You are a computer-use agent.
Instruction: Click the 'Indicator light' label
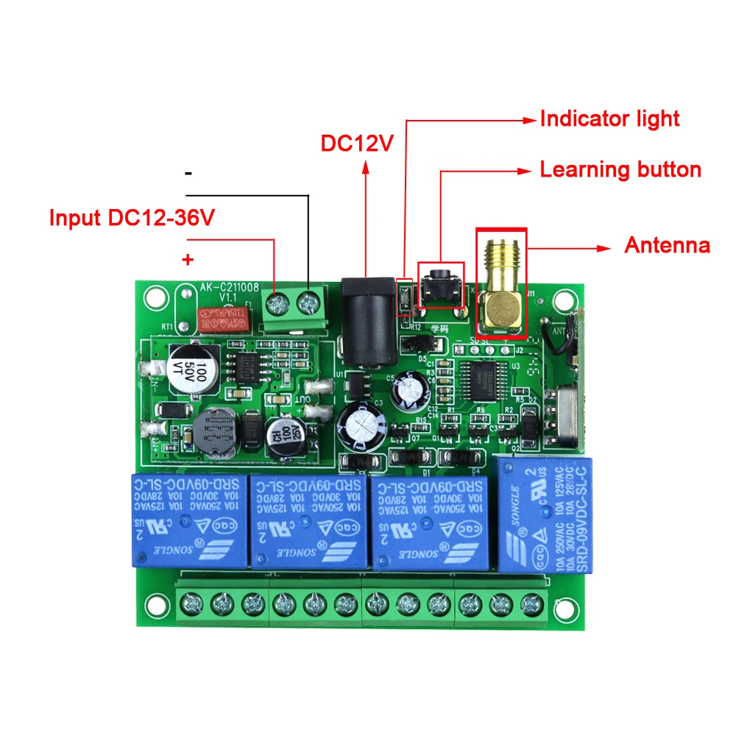point(609,119)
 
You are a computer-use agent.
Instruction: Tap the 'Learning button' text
point(620,170)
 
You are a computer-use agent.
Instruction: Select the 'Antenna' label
point(667,245)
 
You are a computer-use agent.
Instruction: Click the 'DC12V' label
point(358,143)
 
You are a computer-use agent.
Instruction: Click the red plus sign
point(188,260)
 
